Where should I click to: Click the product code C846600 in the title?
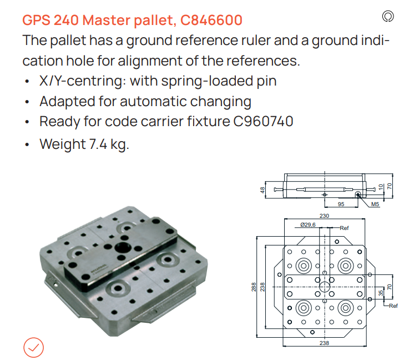[211, 20]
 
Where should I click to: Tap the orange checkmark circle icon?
[34, 347]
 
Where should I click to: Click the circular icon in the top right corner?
[388, 17]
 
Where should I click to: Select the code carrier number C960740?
[263, 122]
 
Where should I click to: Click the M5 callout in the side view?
[375, 204]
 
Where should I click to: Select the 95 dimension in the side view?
[341, 204]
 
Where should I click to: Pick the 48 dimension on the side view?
[262, 190]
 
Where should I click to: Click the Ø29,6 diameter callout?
[308, 224]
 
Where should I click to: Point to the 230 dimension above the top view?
[324, 216]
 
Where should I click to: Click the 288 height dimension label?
[254, 287]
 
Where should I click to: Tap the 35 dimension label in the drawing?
[381, 293]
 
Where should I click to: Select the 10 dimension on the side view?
[381, 187]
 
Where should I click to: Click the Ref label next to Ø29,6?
[344, 228]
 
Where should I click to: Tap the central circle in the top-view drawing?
[325, 287]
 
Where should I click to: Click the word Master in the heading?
[107, 20]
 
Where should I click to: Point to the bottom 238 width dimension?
[324, 343]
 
